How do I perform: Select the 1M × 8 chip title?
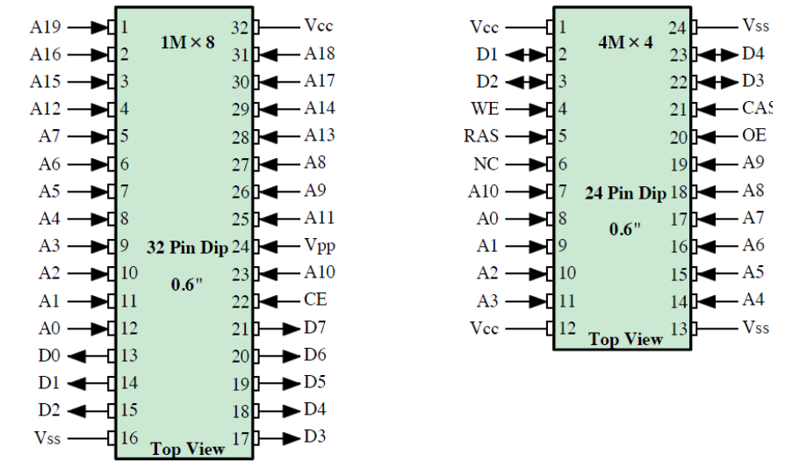click(186, 43)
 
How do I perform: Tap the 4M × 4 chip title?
click(624, 42)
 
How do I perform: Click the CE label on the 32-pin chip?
click(315, 300)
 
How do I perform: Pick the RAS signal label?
click(479, 136)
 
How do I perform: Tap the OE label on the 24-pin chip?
click(753, 136)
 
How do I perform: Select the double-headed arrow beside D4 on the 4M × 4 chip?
click(717, 54)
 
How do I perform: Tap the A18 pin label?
click(321, 54)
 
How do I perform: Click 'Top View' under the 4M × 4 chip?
click(624, 340)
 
